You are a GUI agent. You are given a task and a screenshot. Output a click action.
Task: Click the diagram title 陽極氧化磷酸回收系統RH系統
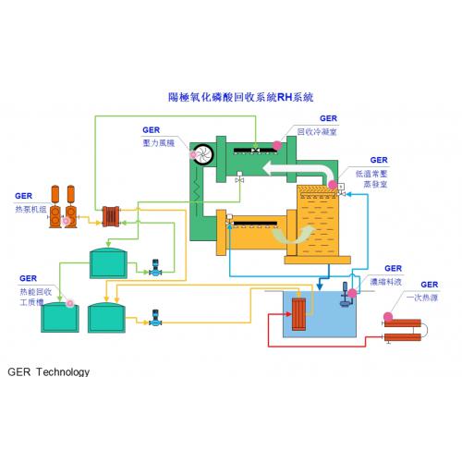click(240, 95)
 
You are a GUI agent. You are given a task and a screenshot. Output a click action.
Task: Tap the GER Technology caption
click(48, 372)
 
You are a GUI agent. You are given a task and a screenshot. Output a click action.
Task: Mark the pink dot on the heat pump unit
click(66, 221)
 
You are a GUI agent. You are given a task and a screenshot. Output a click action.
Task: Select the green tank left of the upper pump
click(108, 263)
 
